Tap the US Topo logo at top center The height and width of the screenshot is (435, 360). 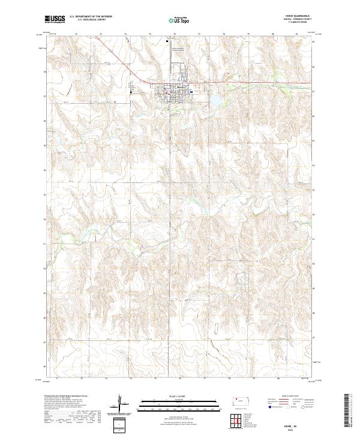point(179,20)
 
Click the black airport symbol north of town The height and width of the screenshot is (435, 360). point(167,41)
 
